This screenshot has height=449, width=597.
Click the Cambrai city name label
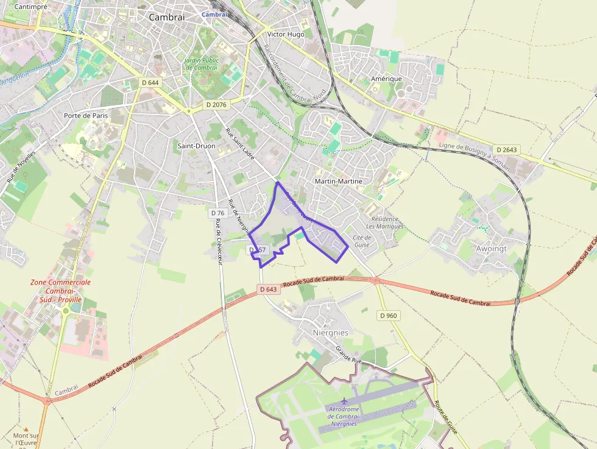click(166, 18)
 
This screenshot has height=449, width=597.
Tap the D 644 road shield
click(150, 82)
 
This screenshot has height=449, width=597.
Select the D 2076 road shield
click(216, 105)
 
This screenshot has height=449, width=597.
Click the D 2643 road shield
click(506, 150)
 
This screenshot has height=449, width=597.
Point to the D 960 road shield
click(388, 316)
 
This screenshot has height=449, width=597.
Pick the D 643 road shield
click(267, 289)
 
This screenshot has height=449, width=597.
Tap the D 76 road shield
click(217, 213)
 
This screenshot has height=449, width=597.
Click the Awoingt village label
click(491, 249)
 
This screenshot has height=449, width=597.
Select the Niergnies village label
click(330, 333)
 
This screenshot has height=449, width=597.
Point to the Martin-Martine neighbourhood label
click(338, 181)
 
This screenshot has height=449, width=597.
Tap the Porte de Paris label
click(85, 115)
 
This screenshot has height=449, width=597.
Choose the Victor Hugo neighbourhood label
click(285, 35)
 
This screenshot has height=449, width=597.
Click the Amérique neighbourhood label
click(386, 79)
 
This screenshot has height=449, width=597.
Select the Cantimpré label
click(31, 7)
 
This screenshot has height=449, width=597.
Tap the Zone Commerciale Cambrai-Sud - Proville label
click(60, 295)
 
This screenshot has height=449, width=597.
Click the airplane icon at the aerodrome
click(344, 401)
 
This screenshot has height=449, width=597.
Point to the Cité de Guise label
click(362, 241)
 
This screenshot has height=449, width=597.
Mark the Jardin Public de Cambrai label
click(201, 64)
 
